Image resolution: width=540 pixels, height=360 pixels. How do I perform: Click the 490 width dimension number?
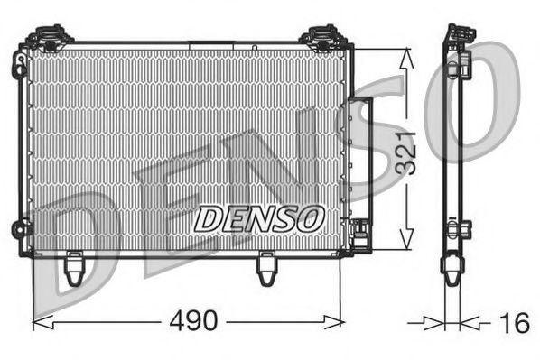(x=194, y=320)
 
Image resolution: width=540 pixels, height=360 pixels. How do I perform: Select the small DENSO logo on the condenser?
(x=259, y=217)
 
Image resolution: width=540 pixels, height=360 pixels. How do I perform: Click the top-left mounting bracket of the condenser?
(x=51, y=38)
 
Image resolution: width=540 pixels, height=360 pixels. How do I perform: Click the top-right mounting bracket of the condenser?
(x=321, y=38)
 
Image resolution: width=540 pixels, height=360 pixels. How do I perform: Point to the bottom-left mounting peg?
(x=76, y=267)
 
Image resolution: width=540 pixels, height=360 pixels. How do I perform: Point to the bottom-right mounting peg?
(x=267, y=268)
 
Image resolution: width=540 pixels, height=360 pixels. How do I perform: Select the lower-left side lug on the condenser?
(x=19, y=228)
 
